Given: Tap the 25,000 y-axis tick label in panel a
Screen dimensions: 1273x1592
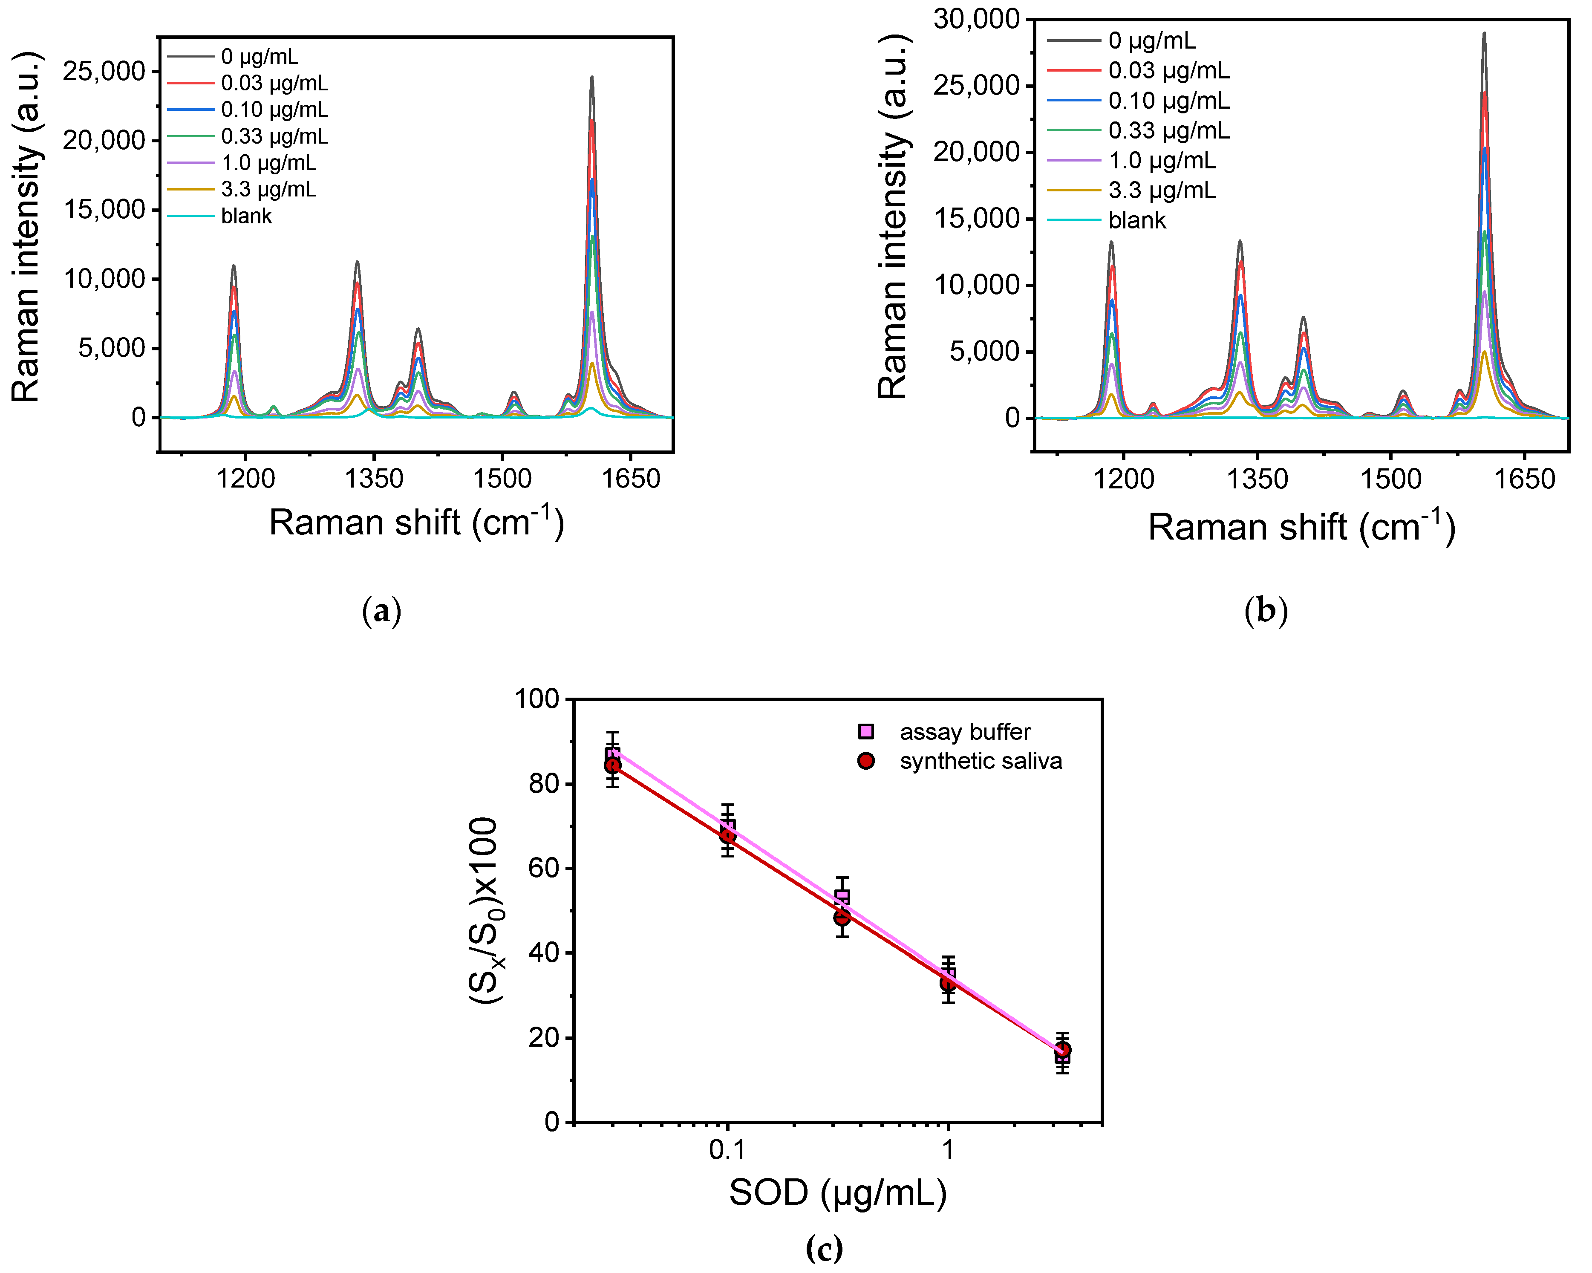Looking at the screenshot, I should coord(104,72).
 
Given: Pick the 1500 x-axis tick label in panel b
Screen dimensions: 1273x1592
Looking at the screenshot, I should coord(1390,479).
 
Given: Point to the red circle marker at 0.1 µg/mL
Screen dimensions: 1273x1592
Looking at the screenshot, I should coord(727,836).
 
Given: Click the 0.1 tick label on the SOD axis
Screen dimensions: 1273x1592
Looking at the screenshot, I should coord(727,1150).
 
